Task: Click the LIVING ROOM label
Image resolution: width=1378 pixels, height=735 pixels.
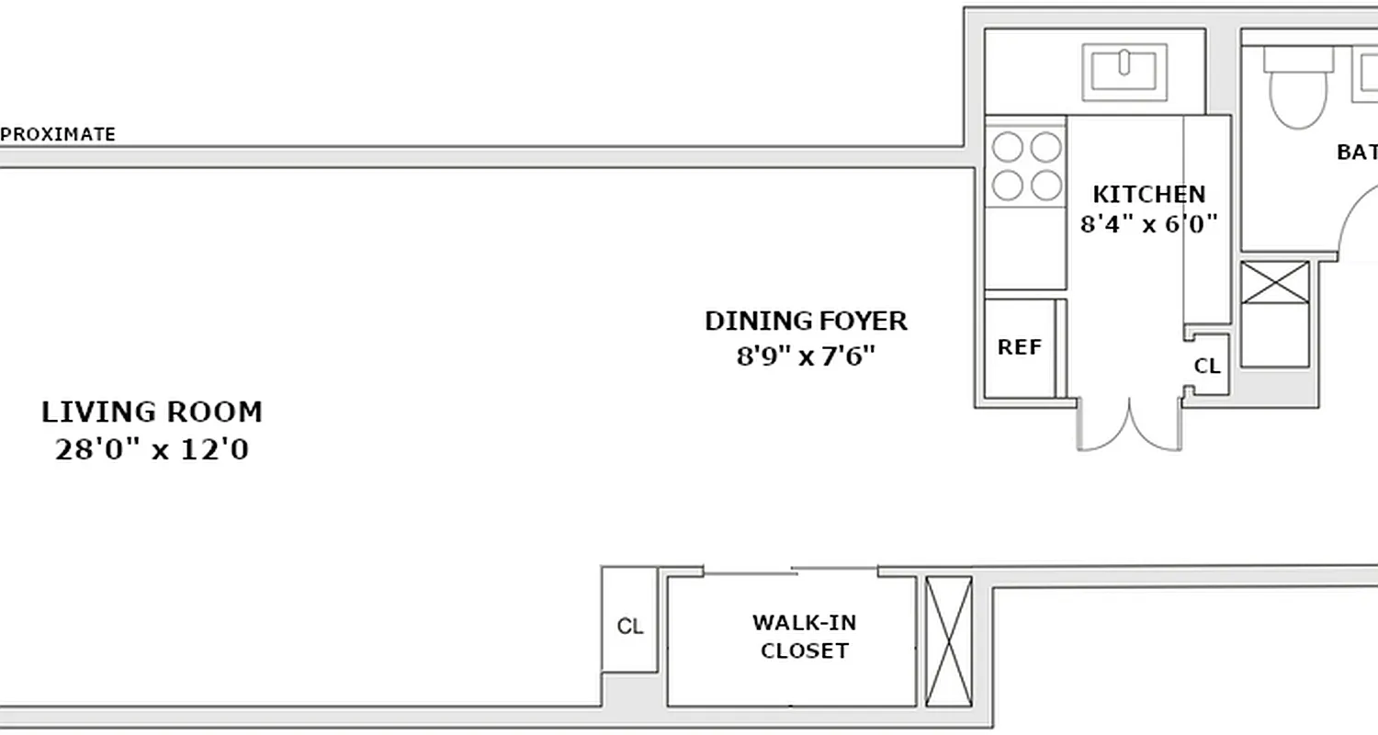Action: tap(152, 413)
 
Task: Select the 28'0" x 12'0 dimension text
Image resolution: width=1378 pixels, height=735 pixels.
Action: tap(152, 451)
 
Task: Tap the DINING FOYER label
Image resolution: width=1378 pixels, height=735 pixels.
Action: tap(806, 322)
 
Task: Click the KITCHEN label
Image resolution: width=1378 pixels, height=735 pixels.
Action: tap(1148, 195)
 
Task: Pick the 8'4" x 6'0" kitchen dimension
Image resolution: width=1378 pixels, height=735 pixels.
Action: tap(1148, 224)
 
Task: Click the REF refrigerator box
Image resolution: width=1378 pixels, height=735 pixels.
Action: tap(1020, 348)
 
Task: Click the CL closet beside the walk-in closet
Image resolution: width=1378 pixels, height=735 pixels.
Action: tap(629, 628)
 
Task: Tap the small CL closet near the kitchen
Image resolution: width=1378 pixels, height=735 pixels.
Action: tap(1207, 367)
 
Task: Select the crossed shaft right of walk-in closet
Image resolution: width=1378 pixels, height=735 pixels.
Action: tap(948, 639)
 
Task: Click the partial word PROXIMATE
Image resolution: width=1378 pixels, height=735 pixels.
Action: tap(58, 135)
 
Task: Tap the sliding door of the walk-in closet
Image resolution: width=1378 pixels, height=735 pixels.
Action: tap(792, 571)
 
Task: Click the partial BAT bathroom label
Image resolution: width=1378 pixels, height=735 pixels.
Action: tap(1356, 153)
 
